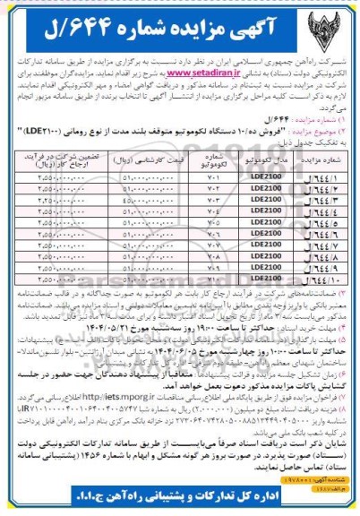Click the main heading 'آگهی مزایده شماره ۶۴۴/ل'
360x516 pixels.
[x=178, y=20]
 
